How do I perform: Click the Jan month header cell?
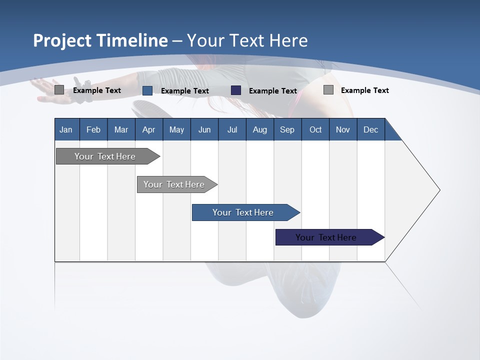coord(66,129)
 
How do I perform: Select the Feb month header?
coord(93,129)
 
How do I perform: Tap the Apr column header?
coord(149,129)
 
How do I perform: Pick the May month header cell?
coord(176,129)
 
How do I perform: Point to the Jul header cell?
coord(232,129)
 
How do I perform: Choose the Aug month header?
coord(260,129)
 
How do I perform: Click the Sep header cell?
coord(287,129)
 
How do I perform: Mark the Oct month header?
coord(315,129)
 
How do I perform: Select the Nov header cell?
coord(343,129)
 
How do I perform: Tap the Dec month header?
coord(371,129)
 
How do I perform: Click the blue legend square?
coord(147,90)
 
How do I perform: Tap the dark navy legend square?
coord(236,90)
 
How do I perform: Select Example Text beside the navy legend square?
coord(273,91)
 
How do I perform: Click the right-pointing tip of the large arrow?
coord(438,190)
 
